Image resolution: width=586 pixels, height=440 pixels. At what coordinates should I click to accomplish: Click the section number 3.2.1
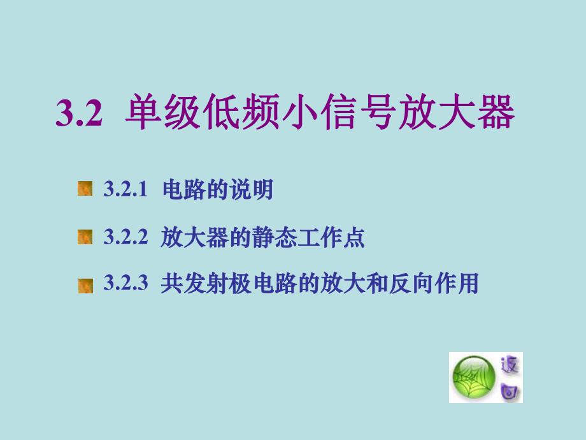(x=125, y=189)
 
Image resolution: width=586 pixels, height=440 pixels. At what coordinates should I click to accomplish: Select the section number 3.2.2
(x=125, y=238)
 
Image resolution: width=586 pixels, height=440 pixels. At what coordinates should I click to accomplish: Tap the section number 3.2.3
(x=125, y=283)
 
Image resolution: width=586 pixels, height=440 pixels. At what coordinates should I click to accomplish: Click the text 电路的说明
(x=218, y=189)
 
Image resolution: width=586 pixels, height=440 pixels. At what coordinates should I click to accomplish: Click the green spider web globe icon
(x=473, y=378)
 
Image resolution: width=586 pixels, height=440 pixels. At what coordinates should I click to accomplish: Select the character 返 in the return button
(x=511, y=365)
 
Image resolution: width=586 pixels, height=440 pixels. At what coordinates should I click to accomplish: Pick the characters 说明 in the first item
(x=257, y=189)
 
